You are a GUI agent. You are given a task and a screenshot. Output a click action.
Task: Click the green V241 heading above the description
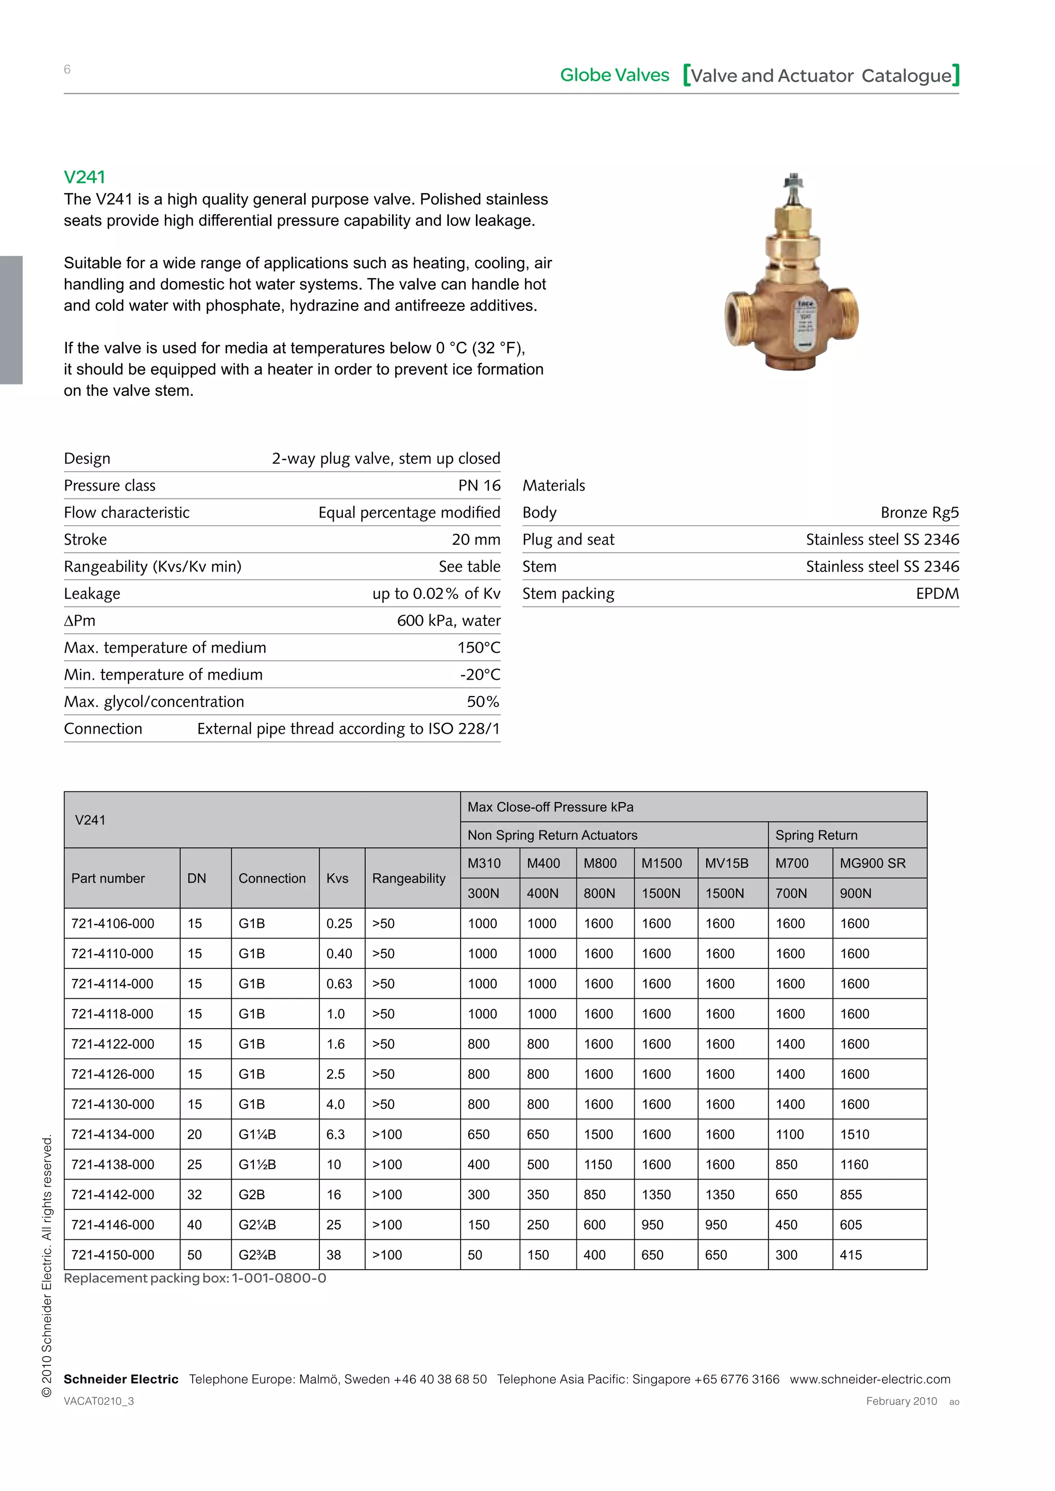pos(84,177)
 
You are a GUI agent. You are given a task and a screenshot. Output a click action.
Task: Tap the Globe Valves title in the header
pos(614,75)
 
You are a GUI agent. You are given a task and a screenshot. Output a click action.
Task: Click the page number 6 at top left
pos(67,70)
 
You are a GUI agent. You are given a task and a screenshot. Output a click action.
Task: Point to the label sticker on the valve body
pos(806,323)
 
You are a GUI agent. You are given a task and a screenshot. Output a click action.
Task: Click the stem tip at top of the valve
pos(793,179)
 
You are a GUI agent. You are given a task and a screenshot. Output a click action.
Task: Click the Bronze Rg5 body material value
pos(919,513)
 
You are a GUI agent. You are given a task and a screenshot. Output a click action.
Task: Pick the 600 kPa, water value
pos(448,621)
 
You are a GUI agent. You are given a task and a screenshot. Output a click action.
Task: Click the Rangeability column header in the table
pos(409,879)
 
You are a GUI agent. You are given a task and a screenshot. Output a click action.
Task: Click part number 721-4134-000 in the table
pos(112,1135)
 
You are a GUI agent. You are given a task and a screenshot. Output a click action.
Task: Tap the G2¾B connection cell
pos(257,1255)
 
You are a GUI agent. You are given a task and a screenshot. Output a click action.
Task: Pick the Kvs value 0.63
pos(339,984)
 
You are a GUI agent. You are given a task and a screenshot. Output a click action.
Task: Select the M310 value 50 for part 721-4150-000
pos(475,1255)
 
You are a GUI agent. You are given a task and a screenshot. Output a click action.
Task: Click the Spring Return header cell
pos(816,836)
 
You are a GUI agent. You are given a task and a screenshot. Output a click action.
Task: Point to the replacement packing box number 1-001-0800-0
pos(279,1278)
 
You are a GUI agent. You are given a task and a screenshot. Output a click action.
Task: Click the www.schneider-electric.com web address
pos(870,1379)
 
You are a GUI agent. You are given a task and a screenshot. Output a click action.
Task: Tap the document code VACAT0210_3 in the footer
pos(99,1401)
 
